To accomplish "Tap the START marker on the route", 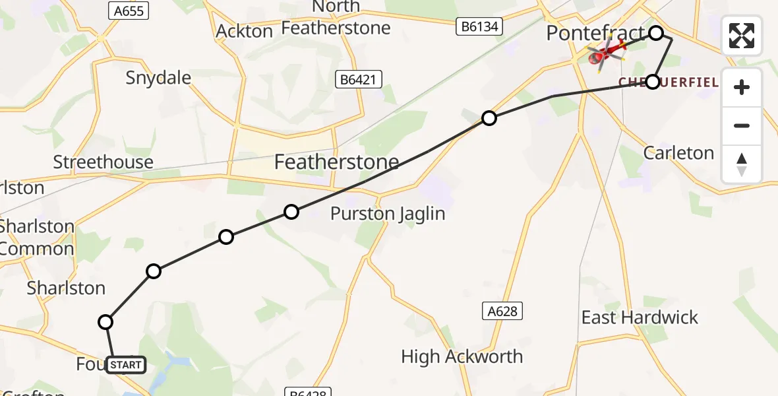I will point(125,364).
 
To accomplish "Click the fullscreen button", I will point(742,36).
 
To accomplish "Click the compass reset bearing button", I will point(742,164).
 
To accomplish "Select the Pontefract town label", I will point(595,33).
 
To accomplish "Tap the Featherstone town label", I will point(336,162).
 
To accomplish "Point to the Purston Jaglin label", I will point(388,214).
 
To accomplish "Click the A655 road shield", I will point(128,11).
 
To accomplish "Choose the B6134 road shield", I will point(480,27).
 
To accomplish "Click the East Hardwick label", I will point(639,317).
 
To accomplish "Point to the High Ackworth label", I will point(462,357).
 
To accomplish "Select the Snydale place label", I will point(158,78).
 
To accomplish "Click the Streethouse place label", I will point(103,162).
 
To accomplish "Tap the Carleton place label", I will point(678,153).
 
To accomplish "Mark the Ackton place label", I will point(244,31).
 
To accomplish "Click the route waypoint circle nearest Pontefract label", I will point(656,33).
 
